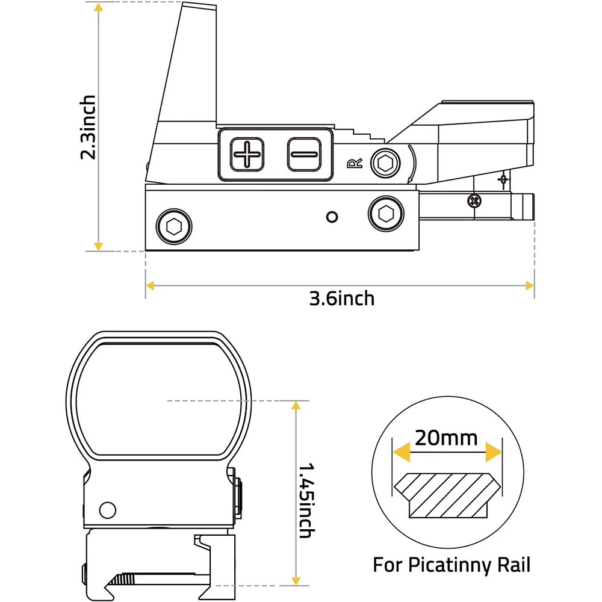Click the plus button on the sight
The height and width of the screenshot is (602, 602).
tap(247, 154)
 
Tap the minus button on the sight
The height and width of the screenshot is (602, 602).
tap(304, 154)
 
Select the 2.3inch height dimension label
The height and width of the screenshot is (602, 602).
tap(88, 127)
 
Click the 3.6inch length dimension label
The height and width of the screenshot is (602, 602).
tap(342, 299)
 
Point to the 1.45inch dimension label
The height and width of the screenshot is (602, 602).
tap(307, 500)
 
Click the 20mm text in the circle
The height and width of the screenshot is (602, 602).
tap(446, 438)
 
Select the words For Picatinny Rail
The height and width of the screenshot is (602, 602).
tap(451, 565)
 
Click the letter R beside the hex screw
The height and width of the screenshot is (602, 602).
tap(355, 164)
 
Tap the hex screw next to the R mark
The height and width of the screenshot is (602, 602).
tap(385, 163)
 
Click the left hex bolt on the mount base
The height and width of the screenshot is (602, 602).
tap(174, 226)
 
